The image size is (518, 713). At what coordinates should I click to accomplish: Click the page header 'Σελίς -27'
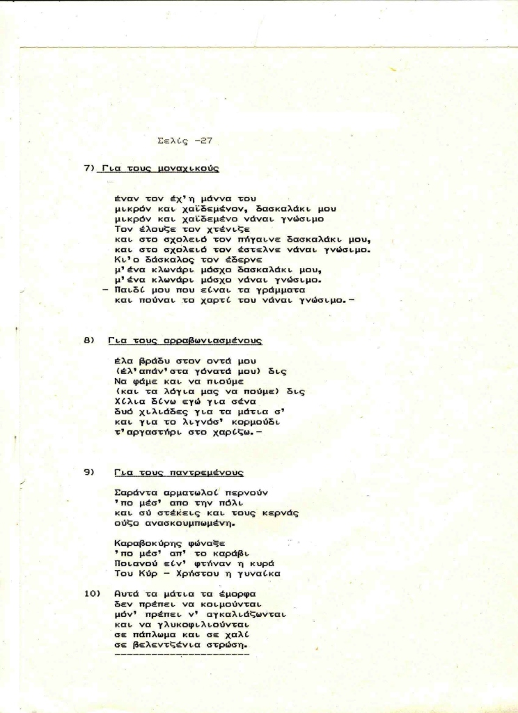(185, 140)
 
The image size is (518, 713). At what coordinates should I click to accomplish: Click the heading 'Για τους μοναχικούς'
(160, 168)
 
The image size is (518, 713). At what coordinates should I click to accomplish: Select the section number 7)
(89, 168)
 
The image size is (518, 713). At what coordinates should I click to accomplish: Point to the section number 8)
(89, 341)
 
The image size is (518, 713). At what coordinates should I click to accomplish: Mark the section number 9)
(89, 472)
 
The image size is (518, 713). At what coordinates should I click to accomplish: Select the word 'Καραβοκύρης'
(144, 542)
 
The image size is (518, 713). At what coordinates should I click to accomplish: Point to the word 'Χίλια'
(127, 402)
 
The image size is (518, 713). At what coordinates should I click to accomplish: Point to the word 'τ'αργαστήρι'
(147, 432)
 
